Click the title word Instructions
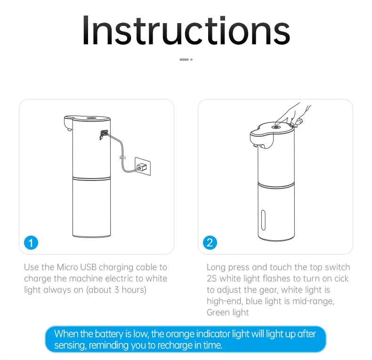tap(186, 31)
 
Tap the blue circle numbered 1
tap(31, 243)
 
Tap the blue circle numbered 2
tap(210, 243)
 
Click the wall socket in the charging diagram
tap(143, 166)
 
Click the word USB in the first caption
tap(89, 267)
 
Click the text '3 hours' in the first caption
tap(127, 290)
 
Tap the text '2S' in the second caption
tap(212, 278)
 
